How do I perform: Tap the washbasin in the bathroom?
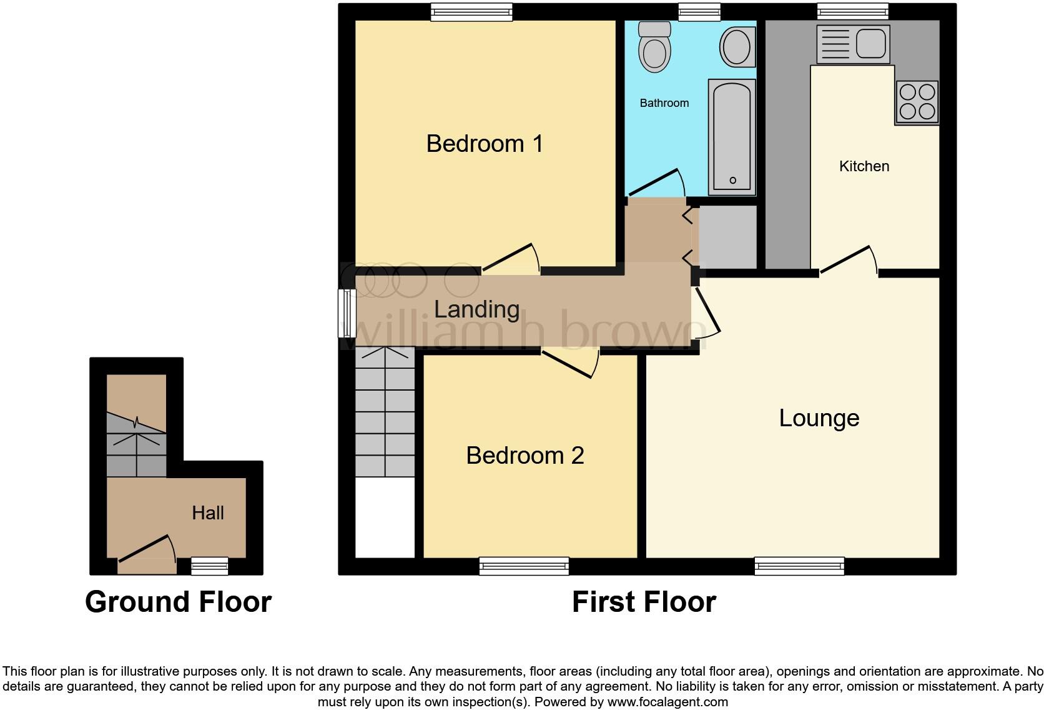point(737,47)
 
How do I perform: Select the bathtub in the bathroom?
point(732,137)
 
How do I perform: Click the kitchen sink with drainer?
point(853,44)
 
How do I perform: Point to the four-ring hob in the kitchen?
point(917,102)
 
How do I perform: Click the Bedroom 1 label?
point(485,144)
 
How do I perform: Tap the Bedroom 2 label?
point(524,456)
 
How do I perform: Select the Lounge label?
point(819,418)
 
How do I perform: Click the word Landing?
point(476,309)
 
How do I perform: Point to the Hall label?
point(207,513)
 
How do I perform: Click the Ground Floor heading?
point(178,602)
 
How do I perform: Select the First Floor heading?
point(643,602)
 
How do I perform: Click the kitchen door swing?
point(847,259)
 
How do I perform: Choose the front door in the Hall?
point(145,548)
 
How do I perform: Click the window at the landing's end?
point(347,312)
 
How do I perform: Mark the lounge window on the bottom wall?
point(799,566)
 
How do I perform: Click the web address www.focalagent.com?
point(667,702)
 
